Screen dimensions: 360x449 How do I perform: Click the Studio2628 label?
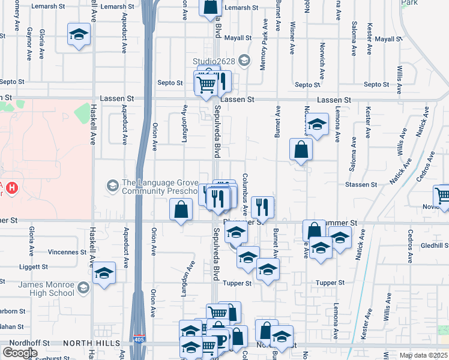pyautogui.click(x=214, y=61)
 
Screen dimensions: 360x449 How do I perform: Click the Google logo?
pyautogui.click(x=20, y=352)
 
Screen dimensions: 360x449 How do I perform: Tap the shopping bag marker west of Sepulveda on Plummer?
pyautogui.click(x=181, y=210)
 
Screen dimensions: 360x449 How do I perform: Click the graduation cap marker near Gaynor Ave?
pyautogui.click(x=78, y=35)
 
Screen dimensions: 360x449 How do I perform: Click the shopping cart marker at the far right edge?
pyautogui.click(x=442, y=196)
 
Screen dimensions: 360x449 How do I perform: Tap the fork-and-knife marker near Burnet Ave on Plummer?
pyautogui.click(x=262, y=208)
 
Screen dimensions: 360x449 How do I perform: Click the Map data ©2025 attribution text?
pyautogui.click(x=423, y=355)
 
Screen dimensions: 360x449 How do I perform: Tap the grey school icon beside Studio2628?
pyautogui.click(x=244, y=61)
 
